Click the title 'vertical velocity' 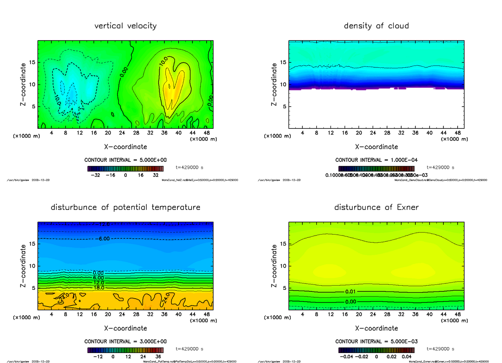(125, 26)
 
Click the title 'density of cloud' (376, 26)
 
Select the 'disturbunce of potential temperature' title (125, 207)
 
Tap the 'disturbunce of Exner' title (376, 207)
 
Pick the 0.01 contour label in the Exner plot (351, 291)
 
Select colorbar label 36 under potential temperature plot (158, 357)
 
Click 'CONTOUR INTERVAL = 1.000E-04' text (376, 160)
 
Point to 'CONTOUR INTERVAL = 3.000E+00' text (125, 341)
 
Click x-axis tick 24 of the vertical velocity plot (122, 133)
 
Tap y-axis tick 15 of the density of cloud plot (283, 62)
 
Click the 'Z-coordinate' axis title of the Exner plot (275, 266)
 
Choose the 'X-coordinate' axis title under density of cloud (376, 147)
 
